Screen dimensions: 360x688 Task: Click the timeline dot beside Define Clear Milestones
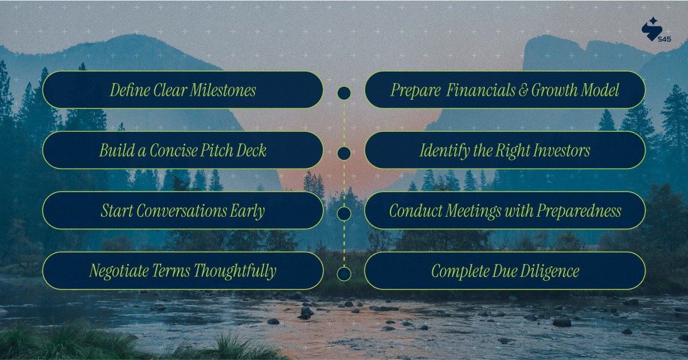[344, 93]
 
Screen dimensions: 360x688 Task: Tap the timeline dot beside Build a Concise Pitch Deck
[344, 153]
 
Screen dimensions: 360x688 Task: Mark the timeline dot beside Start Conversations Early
[344, 214]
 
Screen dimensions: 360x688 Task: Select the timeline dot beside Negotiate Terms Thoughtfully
[344, 274]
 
